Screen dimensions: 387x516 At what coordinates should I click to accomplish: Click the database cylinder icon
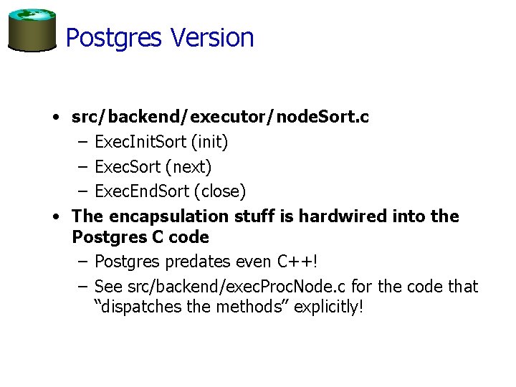click(x=32, y=30)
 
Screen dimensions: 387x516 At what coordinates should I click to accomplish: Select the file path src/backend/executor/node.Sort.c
click(x=220, y=117)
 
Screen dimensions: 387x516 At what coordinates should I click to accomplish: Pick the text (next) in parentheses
click(x=189, y=167)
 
